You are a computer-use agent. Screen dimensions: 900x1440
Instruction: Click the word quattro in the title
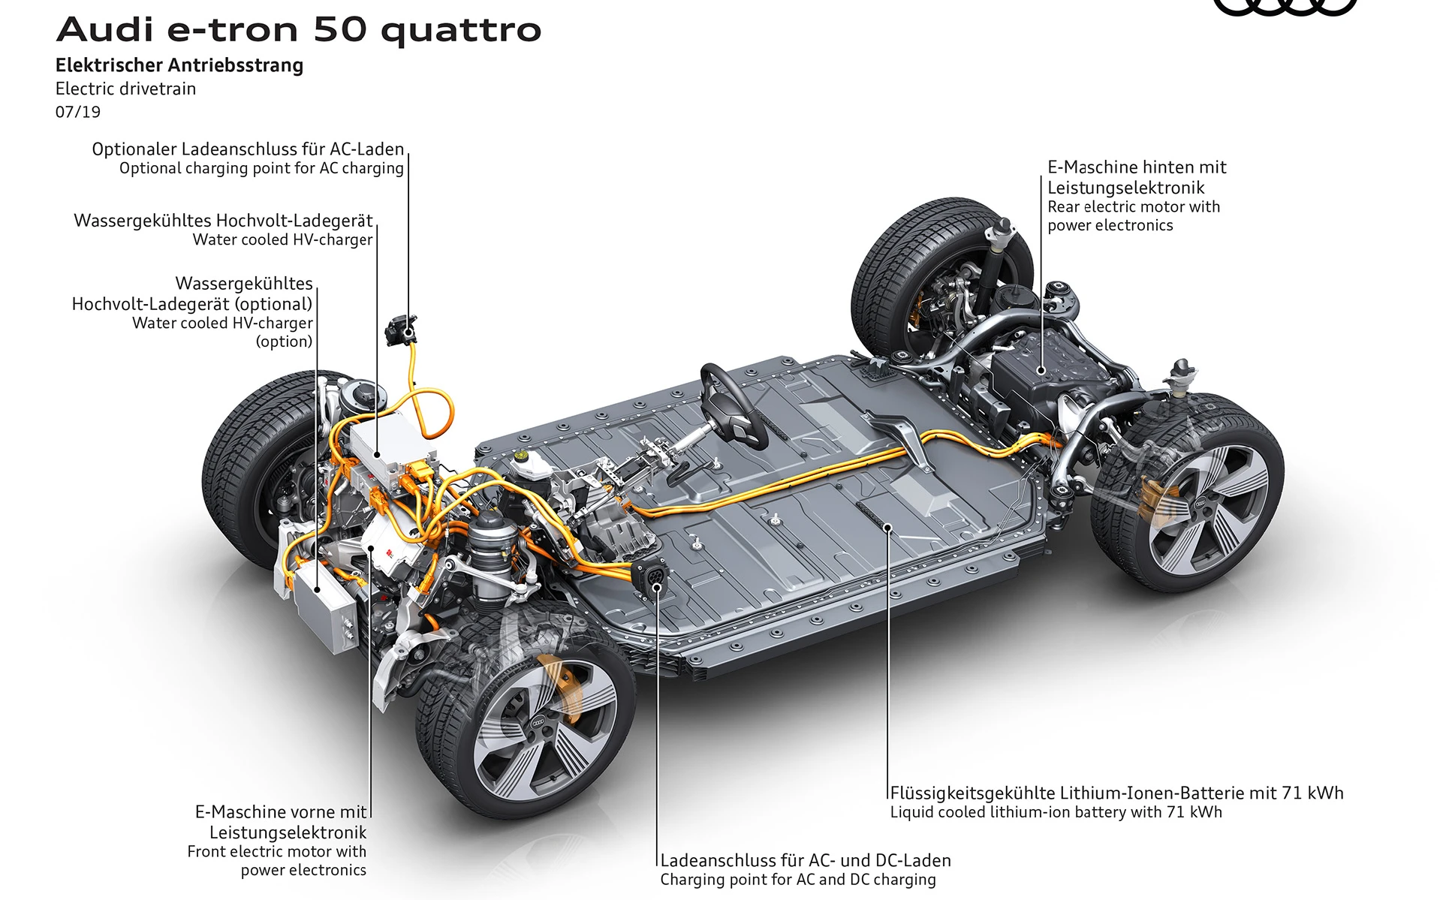point(461,30)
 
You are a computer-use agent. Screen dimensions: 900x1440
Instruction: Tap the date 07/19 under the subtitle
point(78,112)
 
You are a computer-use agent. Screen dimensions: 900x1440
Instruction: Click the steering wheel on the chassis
point(732,405)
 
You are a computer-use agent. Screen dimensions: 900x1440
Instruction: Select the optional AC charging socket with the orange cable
point(400,330)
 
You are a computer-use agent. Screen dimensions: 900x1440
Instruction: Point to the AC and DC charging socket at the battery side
point(651,576)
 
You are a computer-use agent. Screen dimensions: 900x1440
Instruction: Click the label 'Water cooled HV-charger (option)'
point(222,332)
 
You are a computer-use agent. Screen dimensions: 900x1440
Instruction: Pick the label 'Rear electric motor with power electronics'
point(1133,216)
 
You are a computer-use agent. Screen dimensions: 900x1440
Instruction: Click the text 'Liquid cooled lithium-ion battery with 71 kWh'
point(1056,812)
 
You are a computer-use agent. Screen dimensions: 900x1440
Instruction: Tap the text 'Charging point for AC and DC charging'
point(798,880)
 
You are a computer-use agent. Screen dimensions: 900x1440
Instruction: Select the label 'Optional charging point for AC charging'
point(261,168)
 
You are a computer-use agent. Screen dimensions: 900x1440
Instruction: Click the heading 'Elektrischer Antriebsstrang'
point(179,65)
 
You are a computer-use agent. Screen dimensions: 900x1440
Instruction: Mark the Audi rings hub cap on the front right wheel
point(538,722)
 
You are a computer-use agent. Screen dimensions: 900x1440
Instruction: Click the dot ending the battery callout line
point(887,528)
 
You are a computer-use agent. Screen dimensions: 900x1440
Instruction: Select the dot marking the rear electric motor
point(1041,370)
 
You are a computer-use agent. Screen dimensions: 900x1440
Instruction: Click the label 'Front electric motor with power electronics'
point(277,861)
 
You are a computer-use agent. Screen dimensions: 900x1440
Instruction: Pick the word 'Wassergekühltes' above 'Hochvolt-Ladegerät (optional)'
point(244,284)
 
